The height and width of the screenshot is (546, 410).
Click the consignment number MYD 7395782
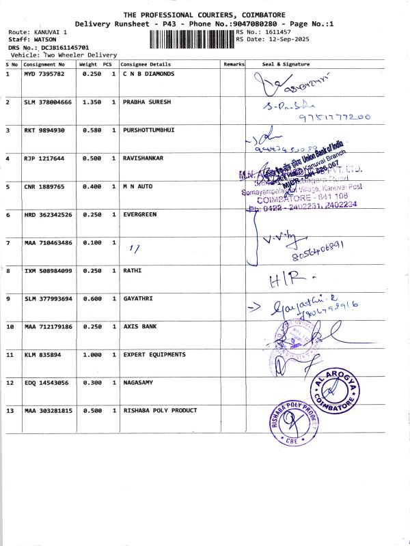(44, 73)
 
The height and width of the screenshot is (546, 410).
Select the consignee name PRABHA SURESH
(146, 102)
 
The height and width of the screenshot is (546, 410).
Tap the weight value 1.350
(92, 102)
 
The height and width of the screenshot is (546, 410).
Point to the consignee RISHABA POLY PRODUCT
(160, 410)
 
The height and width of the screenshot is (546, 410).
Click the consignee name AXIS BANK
(139, 326)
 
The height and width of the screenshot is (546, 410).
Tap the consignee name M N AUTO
(137, 186)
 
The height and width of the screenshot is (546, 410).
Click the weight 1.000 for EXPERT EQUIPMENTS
(92, 354)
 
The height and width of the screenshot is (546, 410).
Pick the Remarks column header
(234, 64)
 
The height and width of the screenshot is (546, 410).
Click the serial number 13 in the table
(10, 410)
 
